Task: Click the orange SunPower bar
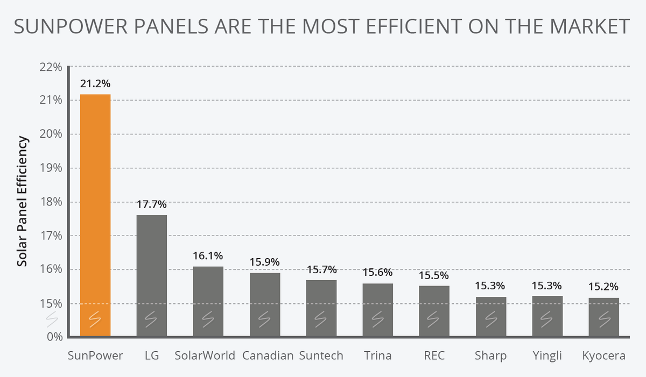click(95, 215)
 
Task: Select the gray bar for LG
click(152, 275)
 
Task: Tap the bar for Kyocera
click(604, 317)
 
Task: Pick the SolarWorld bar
click(208, 301)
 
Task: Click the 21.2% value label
click(95, 84)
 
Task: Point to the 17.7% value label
click(152, 204)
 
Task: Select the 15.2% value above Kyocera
click(603, 287)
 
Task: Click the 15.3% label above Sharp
click(490, 286)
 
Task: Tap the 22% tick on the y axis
click(51, 67)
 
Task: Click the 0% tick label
click(55, 337)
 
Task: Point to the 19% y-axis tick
click(51, 168)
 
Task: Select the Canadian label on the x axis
click(268, 355)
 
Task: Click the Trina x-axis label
click(378, 355)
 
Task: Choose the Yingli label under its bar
click(547, 356)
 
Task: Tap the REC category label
click(434, 355)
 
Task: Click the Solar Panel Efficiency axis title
click(22, 201)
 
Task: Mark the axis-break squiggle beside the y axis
click(52, 319)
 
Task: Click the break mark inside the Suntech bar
click(321, 319)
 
